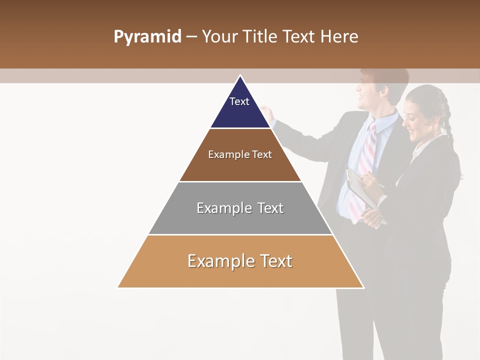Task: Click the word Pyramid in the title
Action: click(147, 37)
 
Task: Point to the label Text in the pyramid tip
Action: click(239, 101)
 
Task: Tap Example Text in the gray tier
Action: click(240, 208)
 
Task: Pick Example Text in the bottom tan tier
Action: click(240, 261)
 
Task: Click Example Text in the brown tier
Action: click(240, 154)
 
